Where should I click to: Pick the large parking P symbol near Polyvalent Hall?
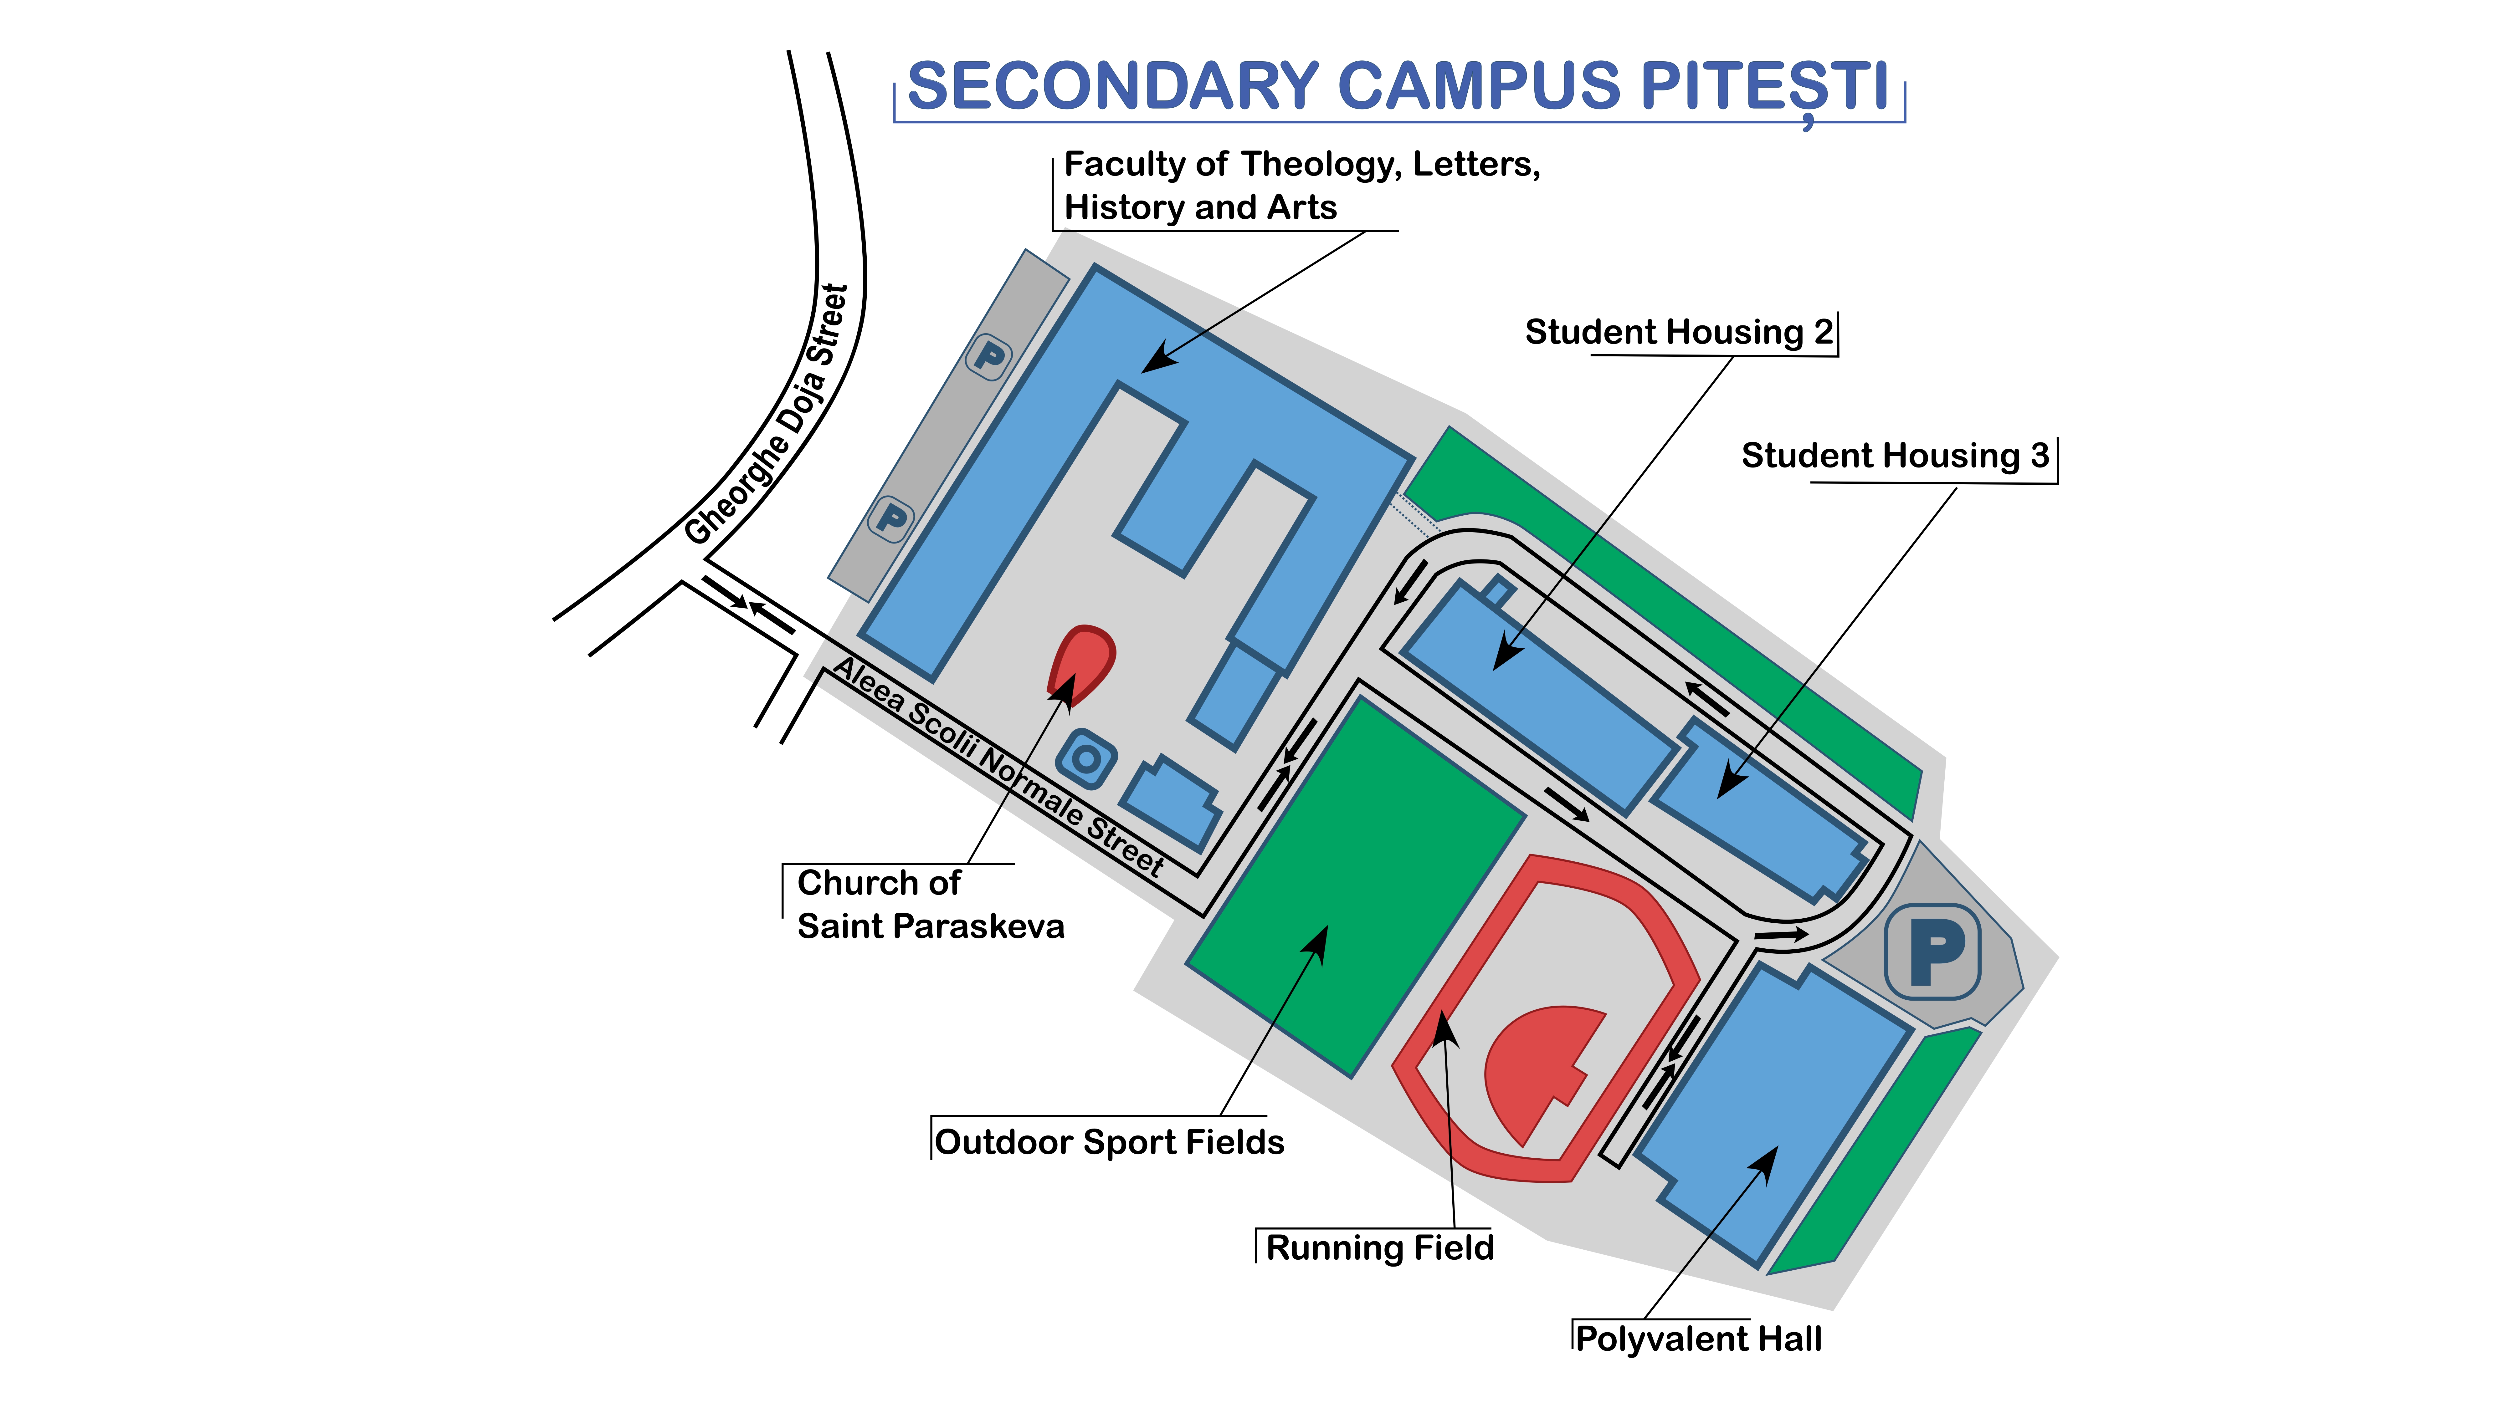[1932, 952]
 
